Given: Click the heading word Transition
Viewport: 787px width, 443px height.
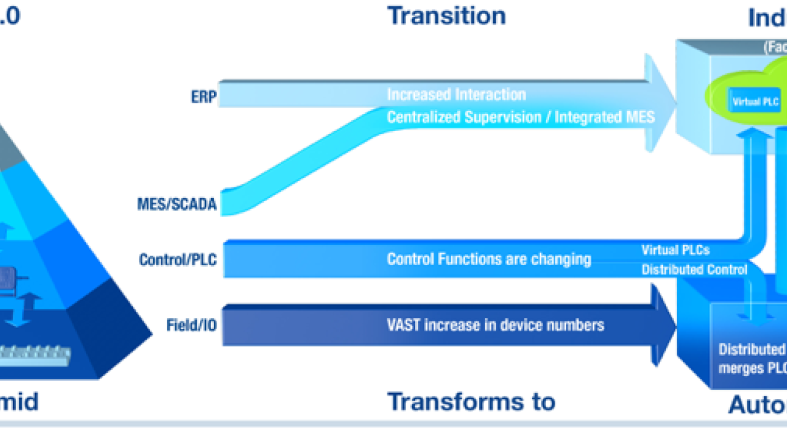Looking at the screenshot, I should coord(446,16).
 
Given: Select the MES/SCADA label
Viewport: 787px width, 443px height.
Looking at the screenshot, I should coord(177,204).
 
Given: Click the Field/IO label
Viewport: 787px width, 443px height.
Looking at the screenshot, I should coord(191,325).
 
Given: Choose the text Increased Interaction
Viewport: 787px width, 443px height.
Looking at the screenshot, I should coord(456,95).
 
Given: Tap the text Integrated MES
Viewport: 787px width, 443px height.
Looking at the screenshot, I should coord(605,117).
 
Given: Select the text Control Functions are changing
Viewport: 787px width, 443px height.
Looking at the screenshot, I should coord(489,259).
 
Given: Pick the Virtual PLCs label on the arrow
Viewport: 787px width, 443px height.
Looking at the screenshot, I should coord(675,250).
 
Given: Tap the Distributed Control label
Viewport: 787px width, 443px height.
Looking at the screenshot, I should coord(694,269).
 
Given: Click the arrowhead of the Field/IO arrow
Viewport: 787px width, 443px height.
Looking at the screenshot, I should coord(663,324).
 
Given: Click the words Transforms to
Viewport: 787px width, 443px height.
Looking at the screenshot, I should coord(471,402).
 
